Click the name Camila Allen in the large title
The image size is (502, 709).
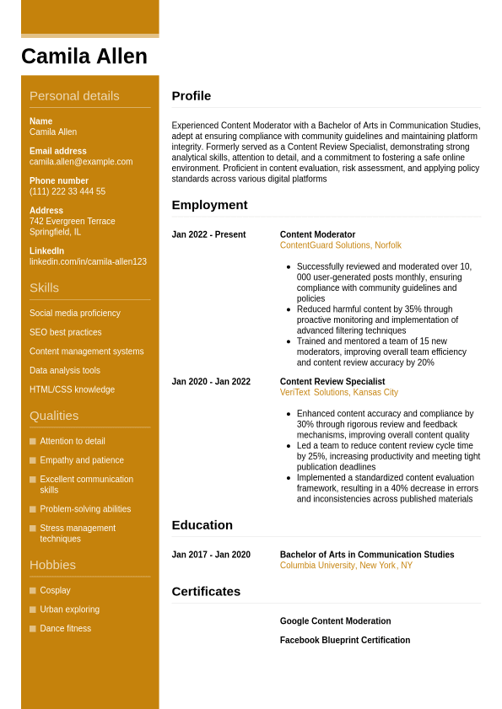pyautogui.click(x=84, y=56)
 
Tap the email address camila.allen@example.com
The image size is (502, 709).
pyautogui.click(x=81, y=162)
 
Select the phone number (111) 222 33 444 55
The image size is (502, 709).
pyautogui.click(x=67, y=191)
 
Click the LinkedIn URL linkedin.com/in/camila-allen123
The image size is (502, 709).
pyautogui.click(x=88, y=261)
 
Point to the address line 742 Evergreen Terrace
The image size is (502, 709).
pyautogui.click(x=73, y=221)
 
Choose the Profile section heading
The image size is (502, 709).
pyautogui.click(x=192, y=96)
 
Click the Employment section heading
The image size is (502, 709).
pyautogui.click(x=209, y=205)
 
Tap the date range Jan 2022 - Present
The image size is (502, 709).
pyautogui.click(x=208, y=234)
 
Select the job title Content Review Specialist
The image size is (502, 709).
pyautogui.click(x=332, y=381)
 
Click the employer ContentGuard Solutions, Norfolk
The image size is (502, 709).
pyautogui.click(x=341, y=245)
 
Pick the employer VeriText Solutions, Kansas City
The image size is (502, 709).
pyautogui.click(x=339, y=392)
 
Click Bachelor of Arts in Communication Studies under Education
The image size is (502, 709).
pyautogui.click(x=367, y=555)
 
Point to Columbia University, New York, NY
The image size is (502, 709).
pyautogui.click(x=346, y=566)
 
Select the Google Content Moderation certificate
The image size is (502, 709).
pyautogui.click(x=336, y=621)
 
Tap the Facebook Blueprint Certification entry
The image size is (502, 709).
pyautogui.click(x=345, y=641)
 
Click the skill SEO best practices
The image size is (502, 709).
pyautogui.click(x=66, y=332)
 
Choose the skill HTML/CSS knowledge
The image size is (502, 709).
pyautogui.click(x=73, y=389)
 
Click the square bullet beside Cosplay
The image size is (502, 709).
pyautogui.click(x=33, y=590)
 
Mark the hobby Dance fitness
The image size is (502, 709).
pyautogui.click(x=66, y=629)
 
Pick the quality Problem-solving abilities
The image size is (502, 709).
pyautogui.click(x=85, y=509)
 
